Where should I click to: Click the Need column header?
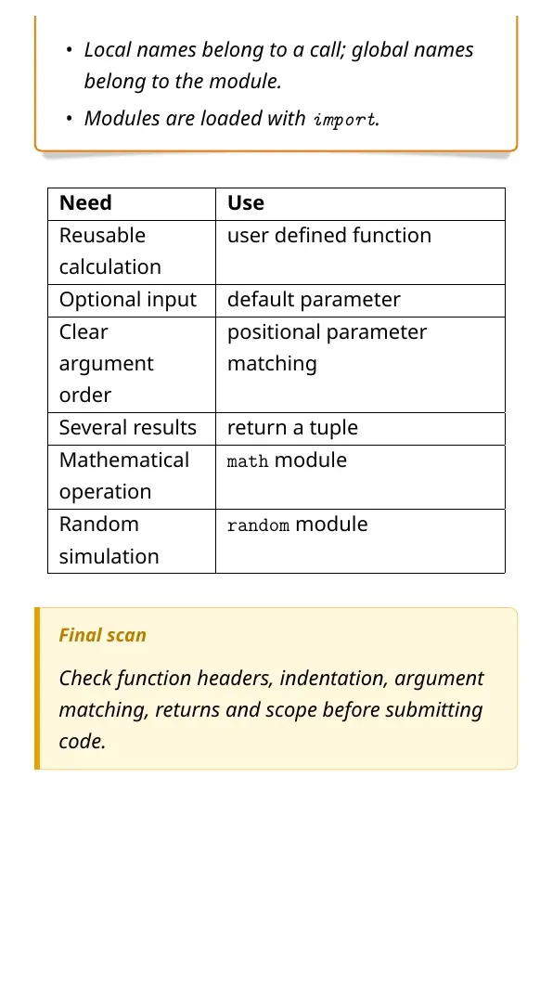[85, 203]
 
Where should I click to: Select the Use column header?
[246, 203]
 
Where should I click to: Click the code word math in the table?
[248, 461]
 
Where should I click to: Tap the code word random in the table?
[259, 525]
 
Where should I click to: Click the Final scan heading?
[102, 635]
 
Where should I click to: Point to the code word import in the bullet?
[344, 120]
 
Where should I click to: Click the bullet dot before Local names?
[70, 50]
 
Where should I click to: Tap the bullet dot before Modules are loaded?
[70, 118]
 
